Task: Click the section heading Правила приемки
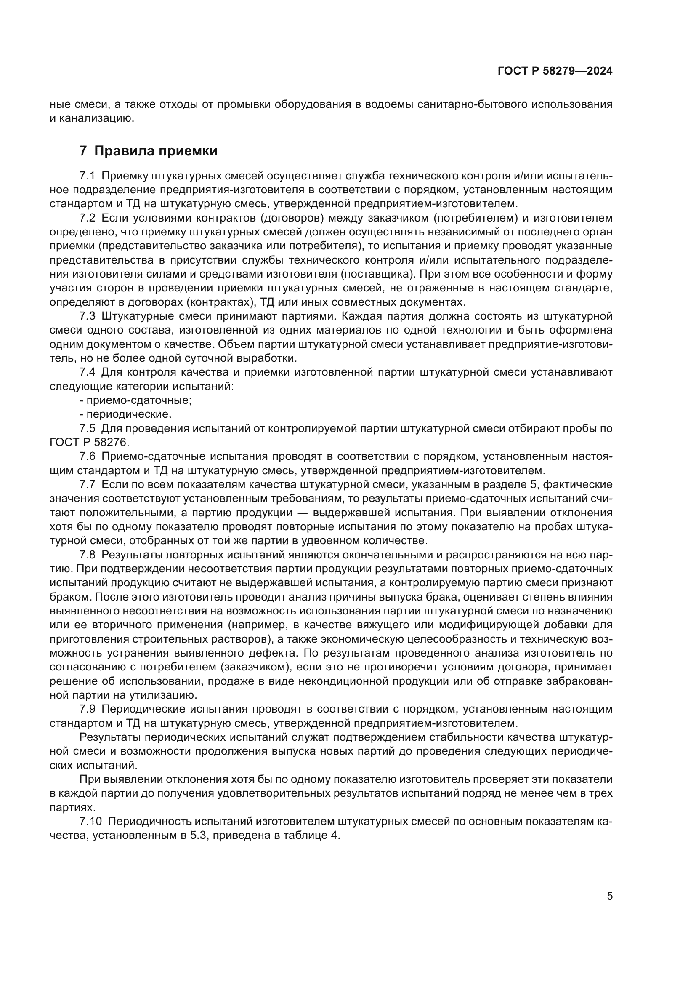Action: [156, 151]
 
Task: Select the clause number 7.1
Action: [87, 176]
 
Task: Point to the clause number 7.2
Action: [87, 218]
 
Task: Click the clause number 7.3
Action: [87, 316]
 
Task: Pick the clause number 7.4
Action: [87, 372]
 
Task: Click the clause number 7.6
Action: [87, 456]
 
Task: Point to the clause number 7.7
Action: [87, 485]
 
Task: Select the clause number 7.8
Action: [87, 555]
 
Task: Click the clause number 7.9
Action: [87, 709]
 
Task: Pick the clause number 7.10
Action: [90, 822]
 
